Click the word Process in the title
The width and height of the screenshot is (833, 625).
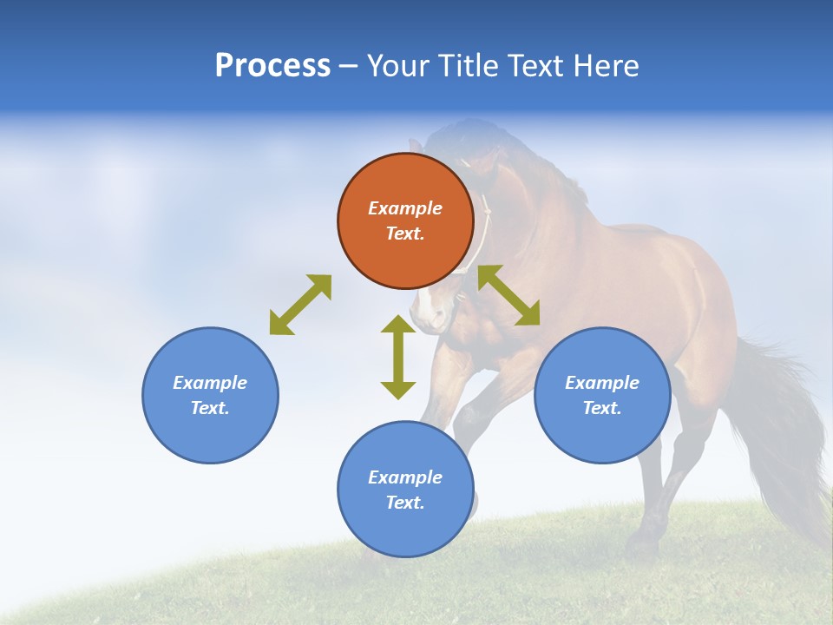tap(272, 66)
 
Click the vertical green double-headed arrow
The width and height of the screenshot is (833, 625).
tap(398, 357)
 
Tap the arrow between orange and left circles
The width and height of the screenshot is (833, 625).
tap(300, 305)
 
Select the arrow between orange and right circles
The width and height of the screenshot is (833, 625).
tap(508, 295)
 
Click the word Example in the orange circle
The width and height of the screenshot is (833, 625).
tap(405, 208)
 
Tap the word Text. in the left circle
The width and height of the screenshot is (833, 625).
tap(210, 408)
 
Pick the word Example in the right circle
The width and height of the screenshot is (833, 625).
tap(602, 383)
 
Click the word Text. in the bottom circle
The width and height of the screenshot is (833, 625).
tap(405, 503)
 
